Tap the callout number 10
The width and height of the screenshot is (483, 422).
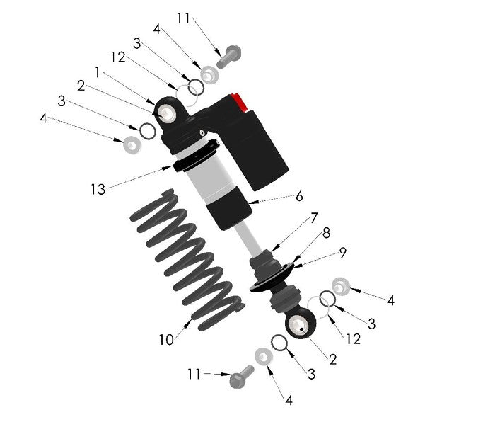[x=165, y=340]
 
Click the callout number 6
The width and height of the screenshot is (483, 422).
[x=299, y=195]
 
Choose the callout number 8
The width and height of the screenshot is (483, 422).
[x=326, y=233]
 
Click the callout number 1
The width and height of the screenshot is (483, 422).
[x=98, y=73]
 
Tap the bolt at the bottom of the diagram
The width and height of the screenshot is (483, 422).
[x=241, y=378]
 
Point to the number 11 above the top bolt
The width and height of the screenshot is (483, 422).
[x=183, y=18]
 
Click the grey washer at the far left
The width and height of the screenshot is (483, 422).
[x=132, y=144]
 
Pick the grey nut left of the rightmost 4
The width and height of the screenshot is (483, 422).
[x=340, y=286]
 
